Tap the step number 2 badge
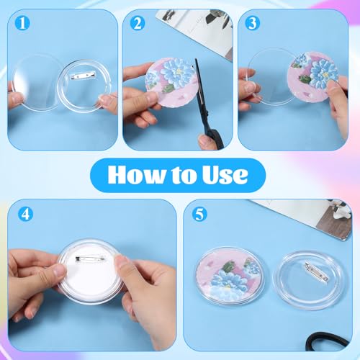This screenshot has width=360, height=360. pyautogui.click(x=138, y=22)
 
